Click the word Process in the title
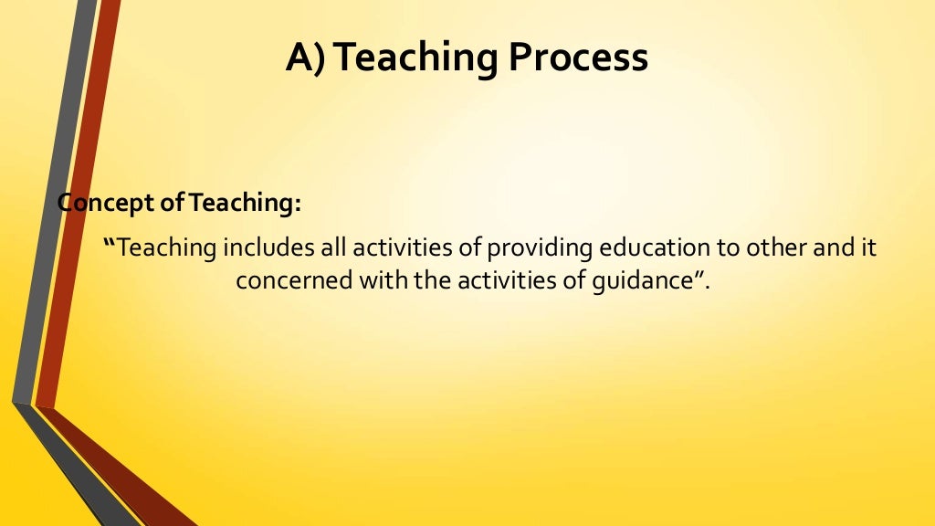578,58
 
